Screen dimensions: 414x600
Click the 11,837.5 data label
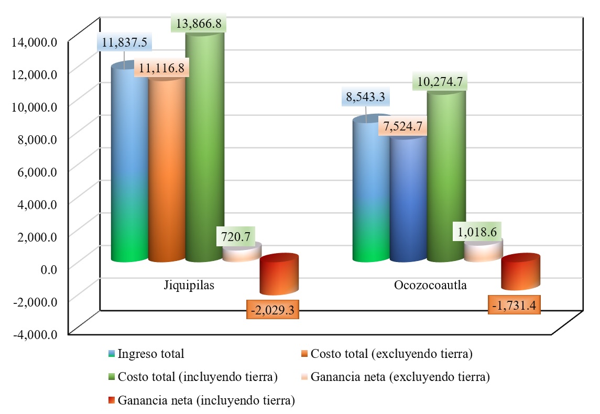pyautogui.click(x=124, y=43)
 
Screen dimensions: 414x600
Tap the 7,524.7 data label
pyautogui.click(x=403, y=127)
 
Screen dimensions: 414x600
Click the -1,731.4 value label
pyautogui.click(x=514, y=304)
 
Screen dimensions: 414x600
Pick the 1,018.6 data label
pyautogui.click(x=476, y=231)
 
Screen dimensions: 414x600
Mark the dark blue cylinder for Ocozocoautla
pyautogui.click(x=408, y=199)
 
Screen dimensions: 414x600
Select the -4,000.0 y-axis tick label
pyautogui.click(x=34, y=334)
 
